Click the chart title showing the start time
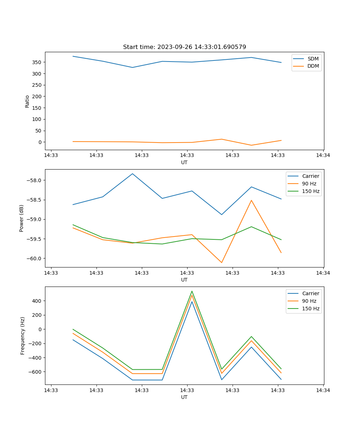click(184, 47)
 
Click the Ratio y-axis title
click(27, 101)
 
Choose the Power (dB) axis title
click(22, 218)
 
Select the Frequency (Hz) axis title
click(22, 336)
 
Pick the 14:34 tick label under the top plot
click(323, 156)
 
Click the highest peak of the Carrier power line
click(132, 174)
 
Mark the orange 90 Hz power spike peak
click(251, 200)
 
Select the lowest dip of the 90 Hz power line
click(222, 262)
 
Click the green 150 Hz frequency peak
click(192, 291)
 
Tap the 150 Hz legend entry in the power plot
click(310, 191)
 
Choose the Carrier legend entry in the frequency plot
click(310, 293)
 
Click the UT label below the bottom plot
click(184, 397)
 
